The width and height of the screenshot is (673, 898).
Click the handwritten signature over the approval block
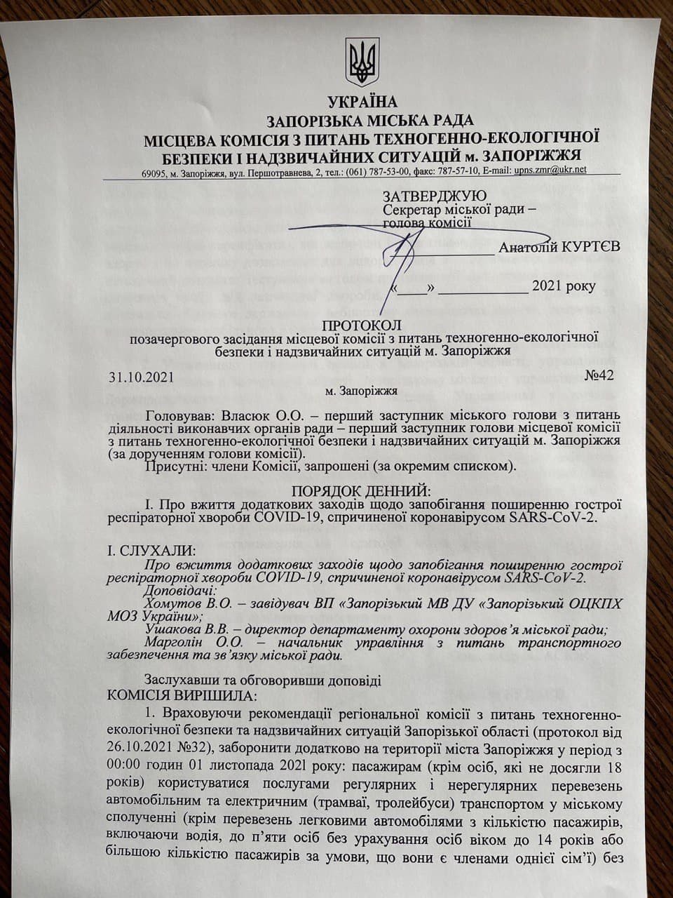(407, 253)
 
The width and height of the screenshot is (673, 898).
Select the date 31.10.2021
(140, 376)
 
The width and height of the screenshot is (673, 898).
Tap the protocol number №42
(599, 375)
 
